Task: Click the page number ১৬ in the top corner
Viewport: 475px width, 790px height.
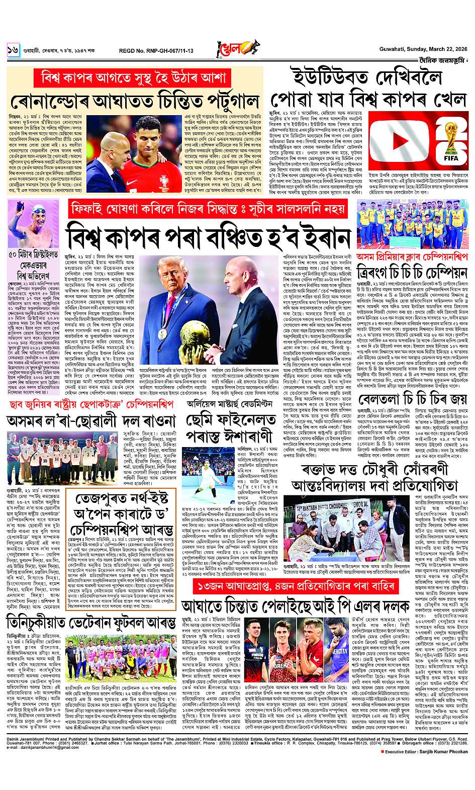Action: [x=13, y=50]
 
